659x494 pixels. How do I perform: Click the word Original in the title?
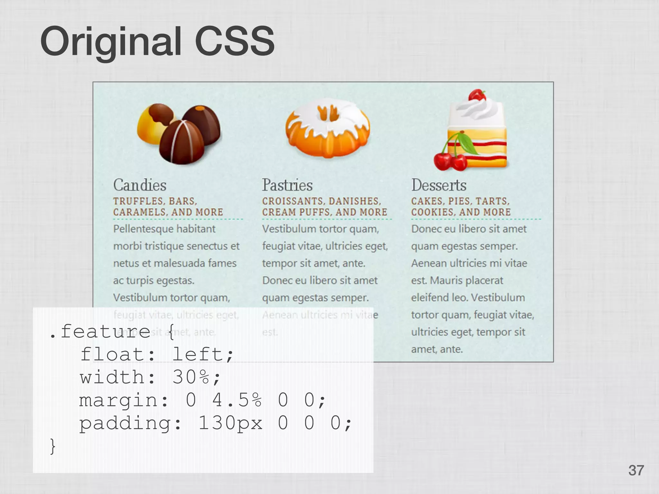tap(111, 42)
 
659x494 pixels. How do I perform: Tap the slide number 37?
tap(636, 470)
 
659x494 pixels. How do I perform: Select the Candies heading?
tap(140, 185)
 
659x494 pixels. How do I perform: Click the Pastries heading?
tap(287, 185)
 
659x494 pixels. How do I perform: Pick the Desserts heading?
tap(439, 185)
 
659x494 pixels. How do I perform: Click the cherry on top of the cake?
tap(477, 95)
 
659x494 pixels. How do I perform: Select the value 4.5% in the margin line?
tap(237, 400)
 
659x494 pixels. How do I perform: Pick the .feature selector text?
tap(100, 331)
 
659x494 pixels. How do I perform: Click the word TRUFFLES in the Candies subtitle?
tap(138, 201)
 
